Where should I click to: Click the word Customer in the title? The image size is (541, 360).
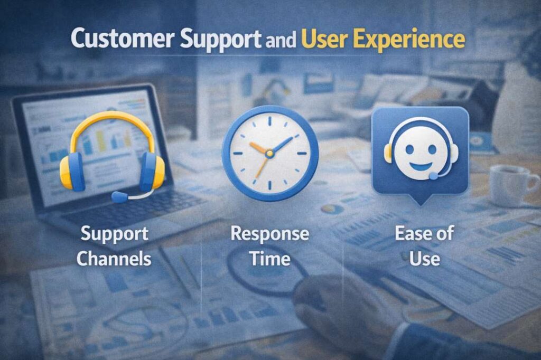(x=123, y=39)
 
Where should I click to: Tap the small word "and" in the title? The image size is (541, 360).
(x=281, y=40)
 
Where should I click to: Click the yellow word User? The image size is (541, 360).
(x=324, y=39)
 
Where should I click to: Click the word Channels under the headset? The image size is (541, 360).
(x=114, y=259)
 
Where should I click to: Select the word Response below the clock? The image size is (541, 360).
(x=270, y=234)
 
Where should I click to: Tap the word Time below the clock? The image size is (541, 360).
(x=270, y=259)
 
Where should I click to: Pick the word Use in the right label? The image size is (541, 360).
(x=425, y=259)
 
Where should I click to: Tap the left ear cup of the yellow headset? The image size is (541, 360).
(x=72, y=172)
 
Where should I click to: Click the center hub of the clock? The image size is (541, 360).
(x=269, y=153)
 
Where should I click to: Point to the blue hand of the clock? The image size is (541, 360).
(x=281, y=145)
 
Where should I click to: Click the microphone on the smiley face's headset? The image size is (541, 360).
(x=434, y=176)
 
